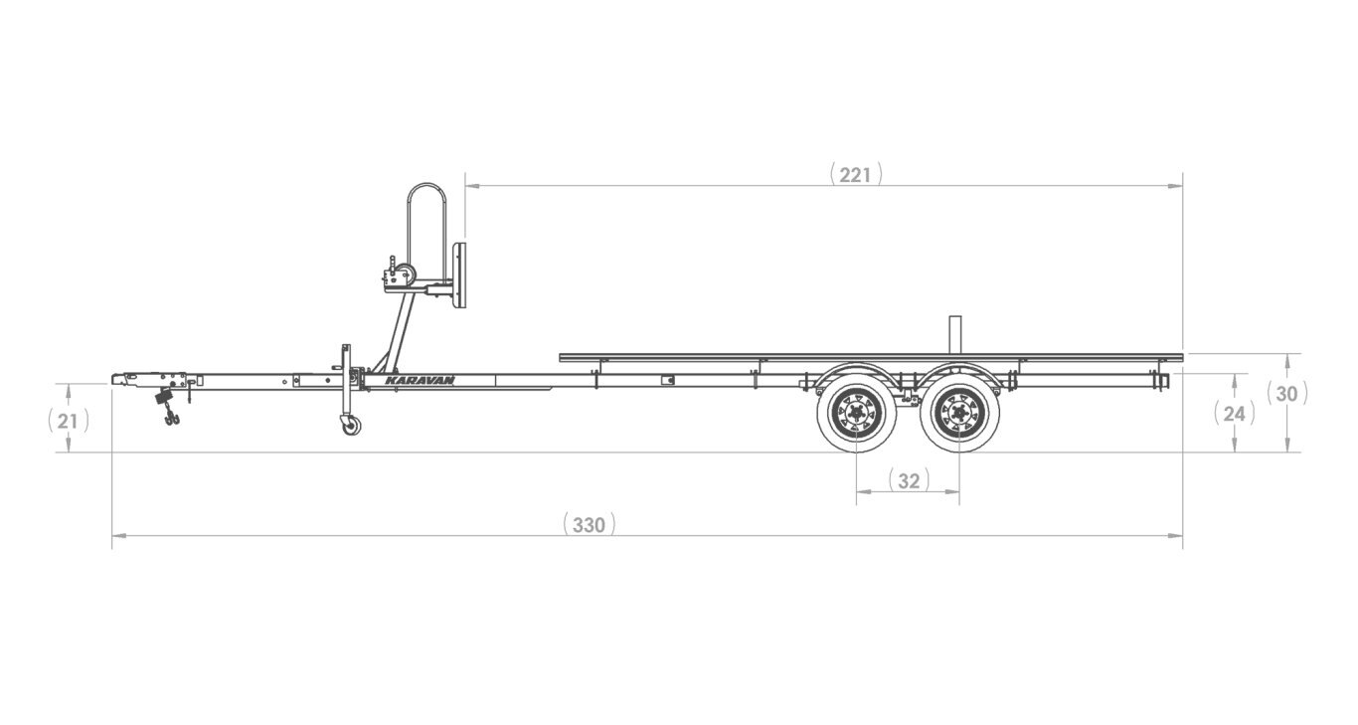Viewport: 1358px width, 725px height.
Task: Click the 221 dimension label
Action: click(855, 175)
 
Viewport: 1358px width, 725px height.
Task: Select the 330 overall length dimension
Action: click(589, 525)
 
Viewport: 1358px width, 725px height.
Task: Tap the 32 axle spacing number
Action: click(909, 481)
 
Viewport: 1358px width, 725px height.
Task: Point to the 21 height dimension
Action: click(68, 421)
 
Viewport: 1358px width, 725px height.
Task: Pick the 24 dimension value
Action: click(1235, 414)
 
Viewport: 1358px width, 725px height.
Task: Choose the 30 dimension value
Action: click(1286, 395)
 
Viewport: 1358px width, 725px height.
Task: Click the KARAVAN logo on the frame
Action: click(420, 380)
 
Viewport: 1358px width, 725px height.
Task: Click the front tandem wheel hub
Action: click(856, 414)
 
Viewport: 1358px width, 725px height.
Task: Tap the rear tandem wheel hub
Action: click(959, 414)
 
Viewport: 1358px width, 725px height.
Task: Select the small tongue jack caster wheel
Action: click(350, 426)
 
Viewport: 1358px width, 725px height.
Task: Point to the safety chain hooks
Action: click(172, 418)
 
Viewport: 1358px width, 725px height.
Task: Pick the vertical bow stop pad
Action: click(459, 275)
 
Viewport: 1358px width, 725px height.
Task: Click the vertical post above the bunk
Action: click(956, 334)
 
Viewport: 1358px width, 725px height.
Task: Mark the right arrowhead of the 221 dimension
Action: click(1175, 186)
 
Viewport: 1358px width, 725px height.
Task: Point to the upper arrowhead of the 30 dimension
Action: click(1287, 360)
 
